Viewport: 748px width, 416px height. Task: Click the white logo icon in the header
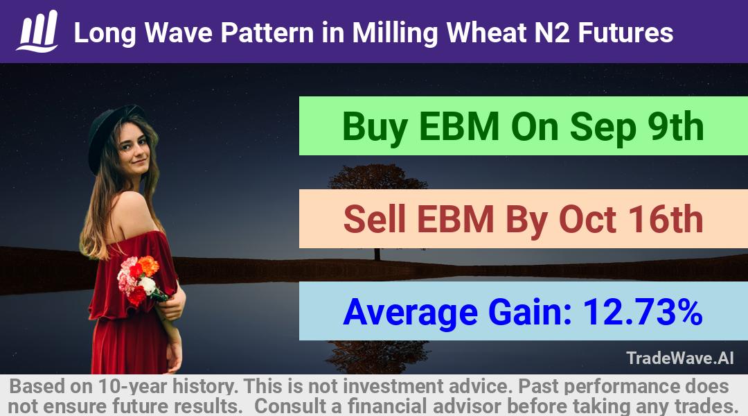coord(37,31)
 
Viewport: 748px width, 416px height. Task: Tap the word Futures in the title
coord(626,33)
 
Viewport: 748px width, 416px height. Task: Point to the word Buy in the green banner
coord(375,127)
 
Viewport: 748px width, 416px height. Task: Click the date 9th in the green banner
coord(675,126)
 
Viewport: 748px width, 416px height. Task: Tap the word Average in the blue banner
coord(410,313)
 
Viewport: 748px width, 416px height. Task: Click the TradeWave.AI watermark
coord(680,358)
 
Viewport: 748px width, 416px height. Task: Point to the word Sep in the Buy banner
coord(603,127)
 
